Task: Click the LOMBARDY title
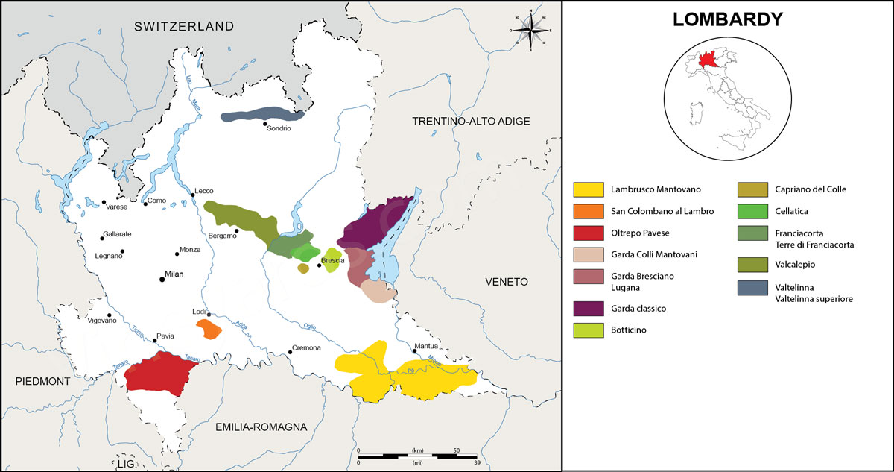(727, 20)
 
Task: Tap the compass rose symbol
(530, 31)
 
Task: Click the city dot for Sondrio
(264, 124)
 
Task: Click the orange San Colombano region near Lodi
(208, 329)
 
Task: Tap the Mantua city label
(428, 346)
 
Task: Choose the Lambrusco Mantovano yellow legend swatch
(588, 189)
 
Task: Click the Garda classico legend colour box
(588, 309)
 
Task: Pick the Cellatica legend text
(795, 211)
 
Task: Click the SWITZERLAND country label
(184, 26)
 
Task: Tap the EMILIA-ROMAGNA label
(261, 427)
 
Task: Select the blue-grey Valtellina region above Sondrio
(262, 114)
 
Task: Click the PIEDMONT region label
(42, 381)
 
